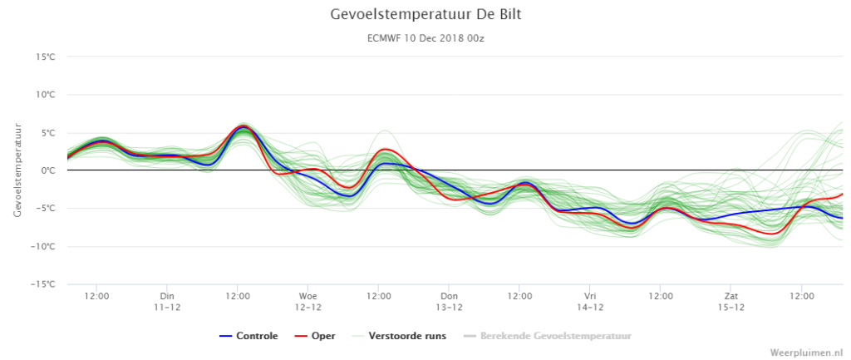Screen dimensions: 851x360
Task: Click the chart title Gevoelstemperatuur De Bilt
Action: pos(425,15)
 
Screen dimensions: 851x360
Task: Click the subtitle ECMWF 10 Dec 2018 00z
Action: pos(425,38)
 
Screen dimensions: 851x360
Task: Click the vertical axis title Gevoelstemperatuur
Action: pos(17,170)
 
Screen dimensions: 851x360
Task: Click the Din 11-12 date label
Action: pos(167,301)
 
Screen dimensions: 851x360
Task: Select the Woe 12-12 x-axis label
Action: pos(307,301)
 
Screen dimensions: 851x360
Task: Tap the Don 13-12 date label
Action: pos(449,301)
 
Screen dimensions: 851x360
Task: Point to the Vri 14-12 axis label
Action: pos(590,301)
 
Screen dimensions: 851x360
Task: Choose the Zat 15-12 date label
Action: pos(731,301)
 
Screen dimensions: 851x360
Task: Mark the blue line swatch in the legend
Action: pos(226,336)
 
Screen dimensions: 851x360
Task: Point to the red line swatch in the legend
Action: pos(301,336)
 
